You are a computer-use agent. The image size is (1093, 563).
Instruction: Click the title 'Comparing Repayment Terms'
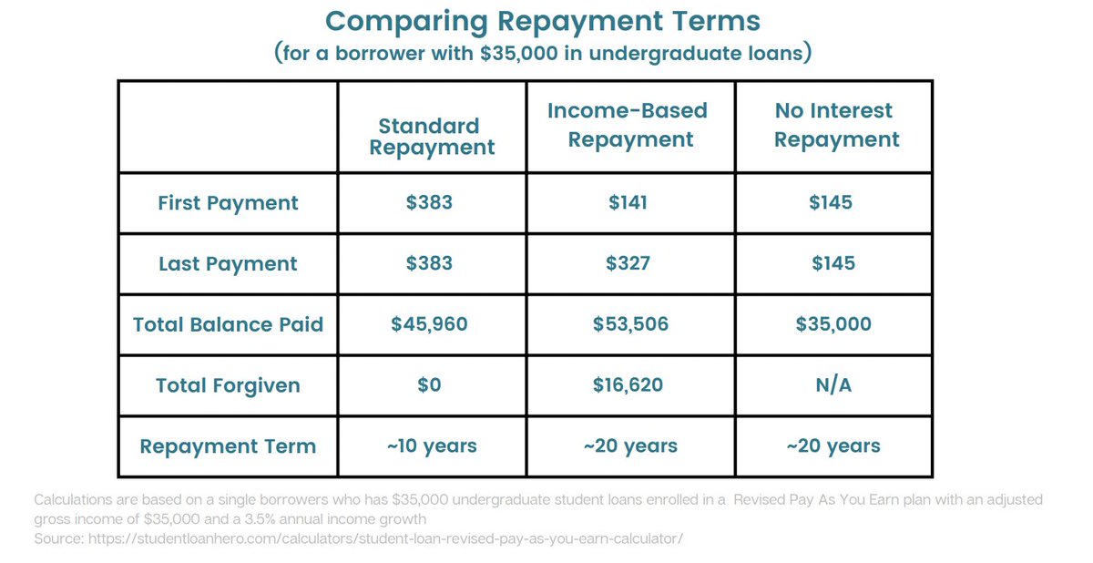point(543,20)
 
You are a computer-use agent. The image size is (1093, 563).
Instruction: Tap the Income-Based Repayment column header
point(628,126)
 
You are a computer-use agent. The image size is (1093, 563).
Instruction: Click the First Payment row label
point(228,203)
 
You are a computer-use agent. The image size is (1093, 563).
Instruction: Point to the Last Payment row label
point(228,264)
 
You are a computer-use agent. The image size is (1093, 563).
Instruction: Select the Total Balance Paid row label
point(228,324)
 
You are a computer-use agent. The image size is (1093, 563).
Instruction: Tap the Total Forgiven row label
point(228,385)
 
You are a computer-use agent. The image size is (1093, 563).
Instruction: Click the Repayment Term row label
point(228,446)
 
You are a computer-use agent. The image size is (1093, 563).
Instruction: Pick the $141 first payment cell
point(628,202)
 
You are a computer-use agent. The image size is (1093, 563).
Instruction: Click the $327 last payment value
point(628,263)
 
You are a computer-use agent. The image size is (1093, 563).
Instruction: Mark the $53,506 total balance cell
point(628,324)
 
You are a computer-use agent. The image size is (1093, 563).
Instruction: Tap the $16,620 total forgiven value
point(628,385)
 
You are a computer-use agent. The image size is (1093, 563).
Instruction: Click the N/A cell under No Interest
point(833,385)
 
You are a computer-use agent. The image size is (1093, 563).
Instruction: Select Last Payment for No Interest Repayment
point(833,263)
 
